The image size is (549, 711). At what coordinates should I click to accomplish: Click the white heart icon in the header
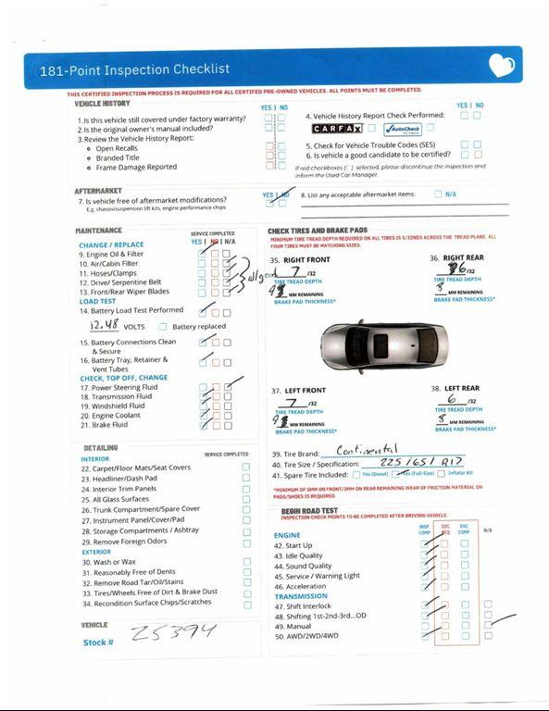(501, 66)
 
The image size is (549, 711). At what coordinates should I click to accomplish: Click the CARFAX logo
(336, 129)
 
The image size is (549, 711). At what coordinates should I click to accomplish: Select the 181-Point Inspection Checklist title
(134, 69)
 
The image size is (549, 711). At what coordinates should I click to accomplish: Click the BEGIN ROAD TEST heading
(309, 510)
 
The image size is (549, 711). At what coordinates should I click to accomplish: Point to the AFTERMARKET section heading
(98, 191)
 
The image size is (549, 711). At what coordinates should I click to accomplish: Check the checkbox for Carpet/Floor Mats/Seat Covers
(246, 468)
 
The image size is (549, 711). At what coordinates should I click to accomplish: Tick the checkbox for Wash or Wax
(246, 561)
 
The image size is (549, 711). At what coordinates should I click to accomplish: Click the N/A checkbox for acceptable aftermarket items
(438, 194)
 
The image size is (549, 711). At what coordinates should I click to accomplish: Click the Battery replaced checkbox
(163, 327)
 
